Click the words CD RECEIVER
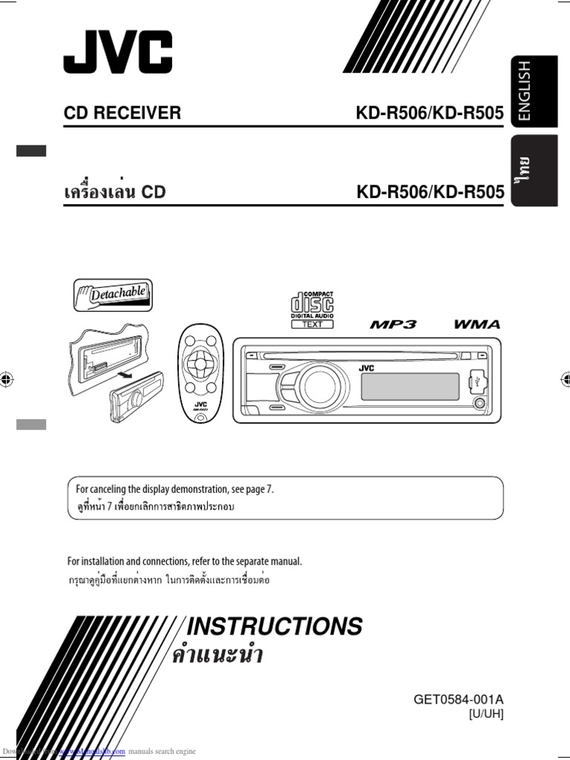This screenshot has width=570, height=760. [x=122, y=113]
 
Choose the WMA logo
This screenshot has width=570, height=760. [x=476, y=324]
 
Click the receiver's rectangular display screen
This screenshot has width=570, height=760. [x=409, y=386]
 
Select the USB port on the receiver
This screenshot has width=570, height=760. [x=478, y=379]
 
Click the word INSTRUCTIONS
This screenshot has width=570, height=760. [x=274, y=626]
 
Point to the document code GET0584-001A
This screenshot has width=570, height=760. [x=458, y=699]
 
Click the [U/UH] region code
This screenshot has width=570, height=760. [x=485, y=714]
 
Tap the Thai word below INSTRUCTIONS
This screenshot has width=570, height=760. [x=217, y=657]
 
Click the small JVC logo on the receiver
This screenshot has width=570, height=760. [x=367, y=368]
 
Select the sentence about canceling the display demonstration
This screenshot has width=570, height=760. [x=175, y=488]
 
